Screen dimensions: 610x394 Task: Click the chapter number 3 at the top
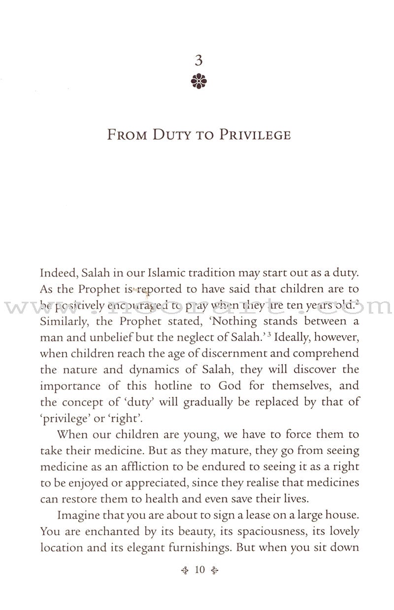coord(199,61)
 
